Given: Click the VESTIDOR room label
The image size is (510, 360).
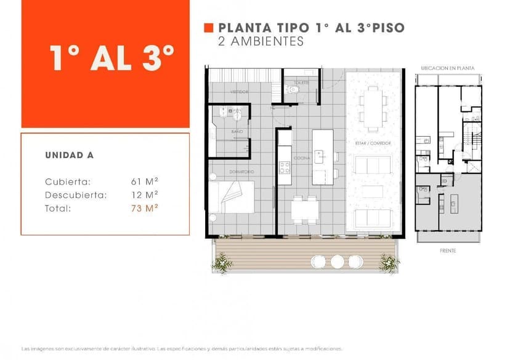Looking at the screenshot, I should [240, 92].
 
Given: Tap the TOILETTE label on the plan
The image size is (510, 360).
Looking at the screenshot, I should [301, 82].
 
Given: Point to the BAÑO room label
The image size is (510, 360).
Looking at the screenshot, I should [237, 132].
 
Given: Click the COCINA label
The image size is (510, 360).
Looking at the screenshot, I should [302, 158].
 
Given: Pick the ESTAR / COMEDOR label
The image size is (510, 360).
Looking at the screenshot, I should [373, 143].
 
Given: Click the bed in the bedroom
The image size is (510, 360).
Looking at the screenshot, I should [232, 197].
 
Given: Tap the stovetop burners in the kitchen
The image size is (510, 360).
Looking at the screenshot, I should [284, 166].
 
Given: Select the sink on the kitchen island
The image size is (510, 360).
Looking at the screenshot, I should [319, 156].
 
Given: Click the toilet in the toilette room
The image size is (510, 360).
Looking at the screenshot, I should [294, 90].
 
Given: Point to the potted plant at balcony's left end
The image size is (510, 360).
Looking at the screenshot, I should [222, 263].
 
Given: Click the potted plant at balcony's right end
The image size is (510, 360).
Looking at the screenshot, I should [389, 263].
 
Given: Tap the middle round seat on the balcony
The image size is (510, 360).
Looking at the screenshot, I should [337, 262].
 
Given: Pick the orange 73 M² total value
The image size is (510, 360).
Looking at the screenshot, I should [145, 209].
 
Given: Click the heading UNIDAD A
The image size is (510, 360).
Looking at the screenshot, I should [69, 155].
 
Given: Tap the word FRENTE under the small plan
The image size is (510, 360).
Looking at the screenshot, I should [448, 251].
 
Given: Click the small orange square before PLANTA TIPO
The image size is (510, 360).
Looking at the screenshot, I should [208, 28].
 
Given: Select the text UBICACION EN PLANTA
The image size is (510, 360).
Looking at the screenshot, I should [448, 68].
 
